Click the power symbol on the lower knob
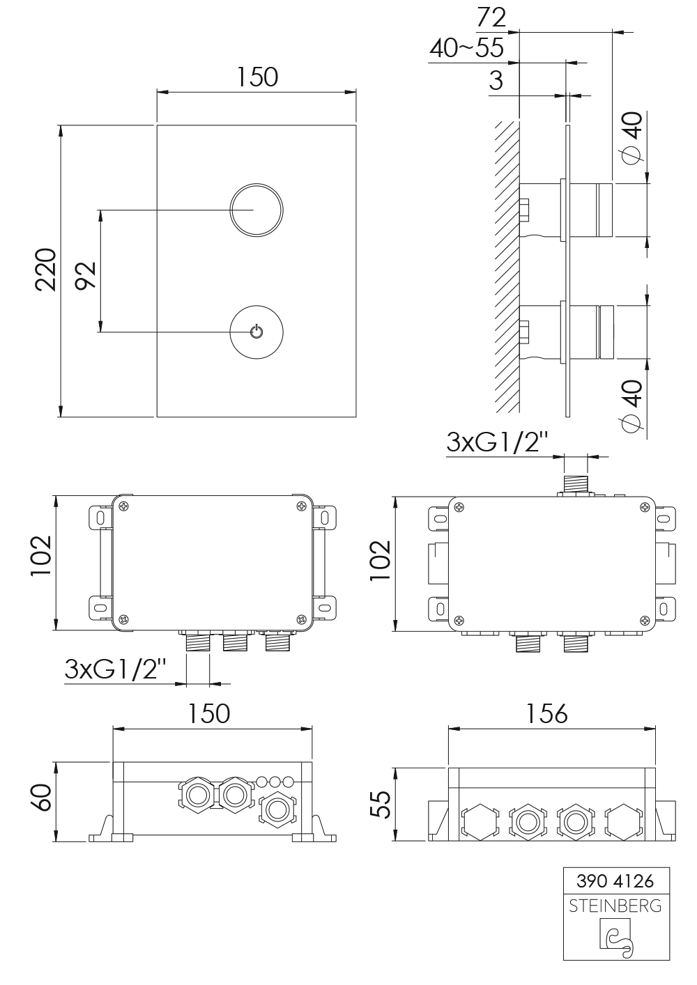pos(256,332)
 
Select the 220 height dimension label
pos(46,270)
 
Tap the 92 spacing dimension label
pos(85,276)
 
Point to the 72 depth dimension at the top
pos(491,18)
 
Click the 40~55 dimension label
pos(466,48)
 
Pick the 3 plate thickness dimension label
pos(496,81)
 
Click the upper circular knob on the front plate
pos(256,210)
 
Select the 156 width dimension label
pos(547,713)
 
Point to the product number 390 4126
pos(615,881)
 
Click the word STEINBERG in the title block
pos(615,906)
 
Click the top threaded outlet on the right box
pos(576,484)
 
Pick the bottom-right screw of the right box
pos(645,620)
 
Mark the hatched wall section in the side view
pos(507,267)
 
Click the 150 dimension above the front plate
pos(257,77)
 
